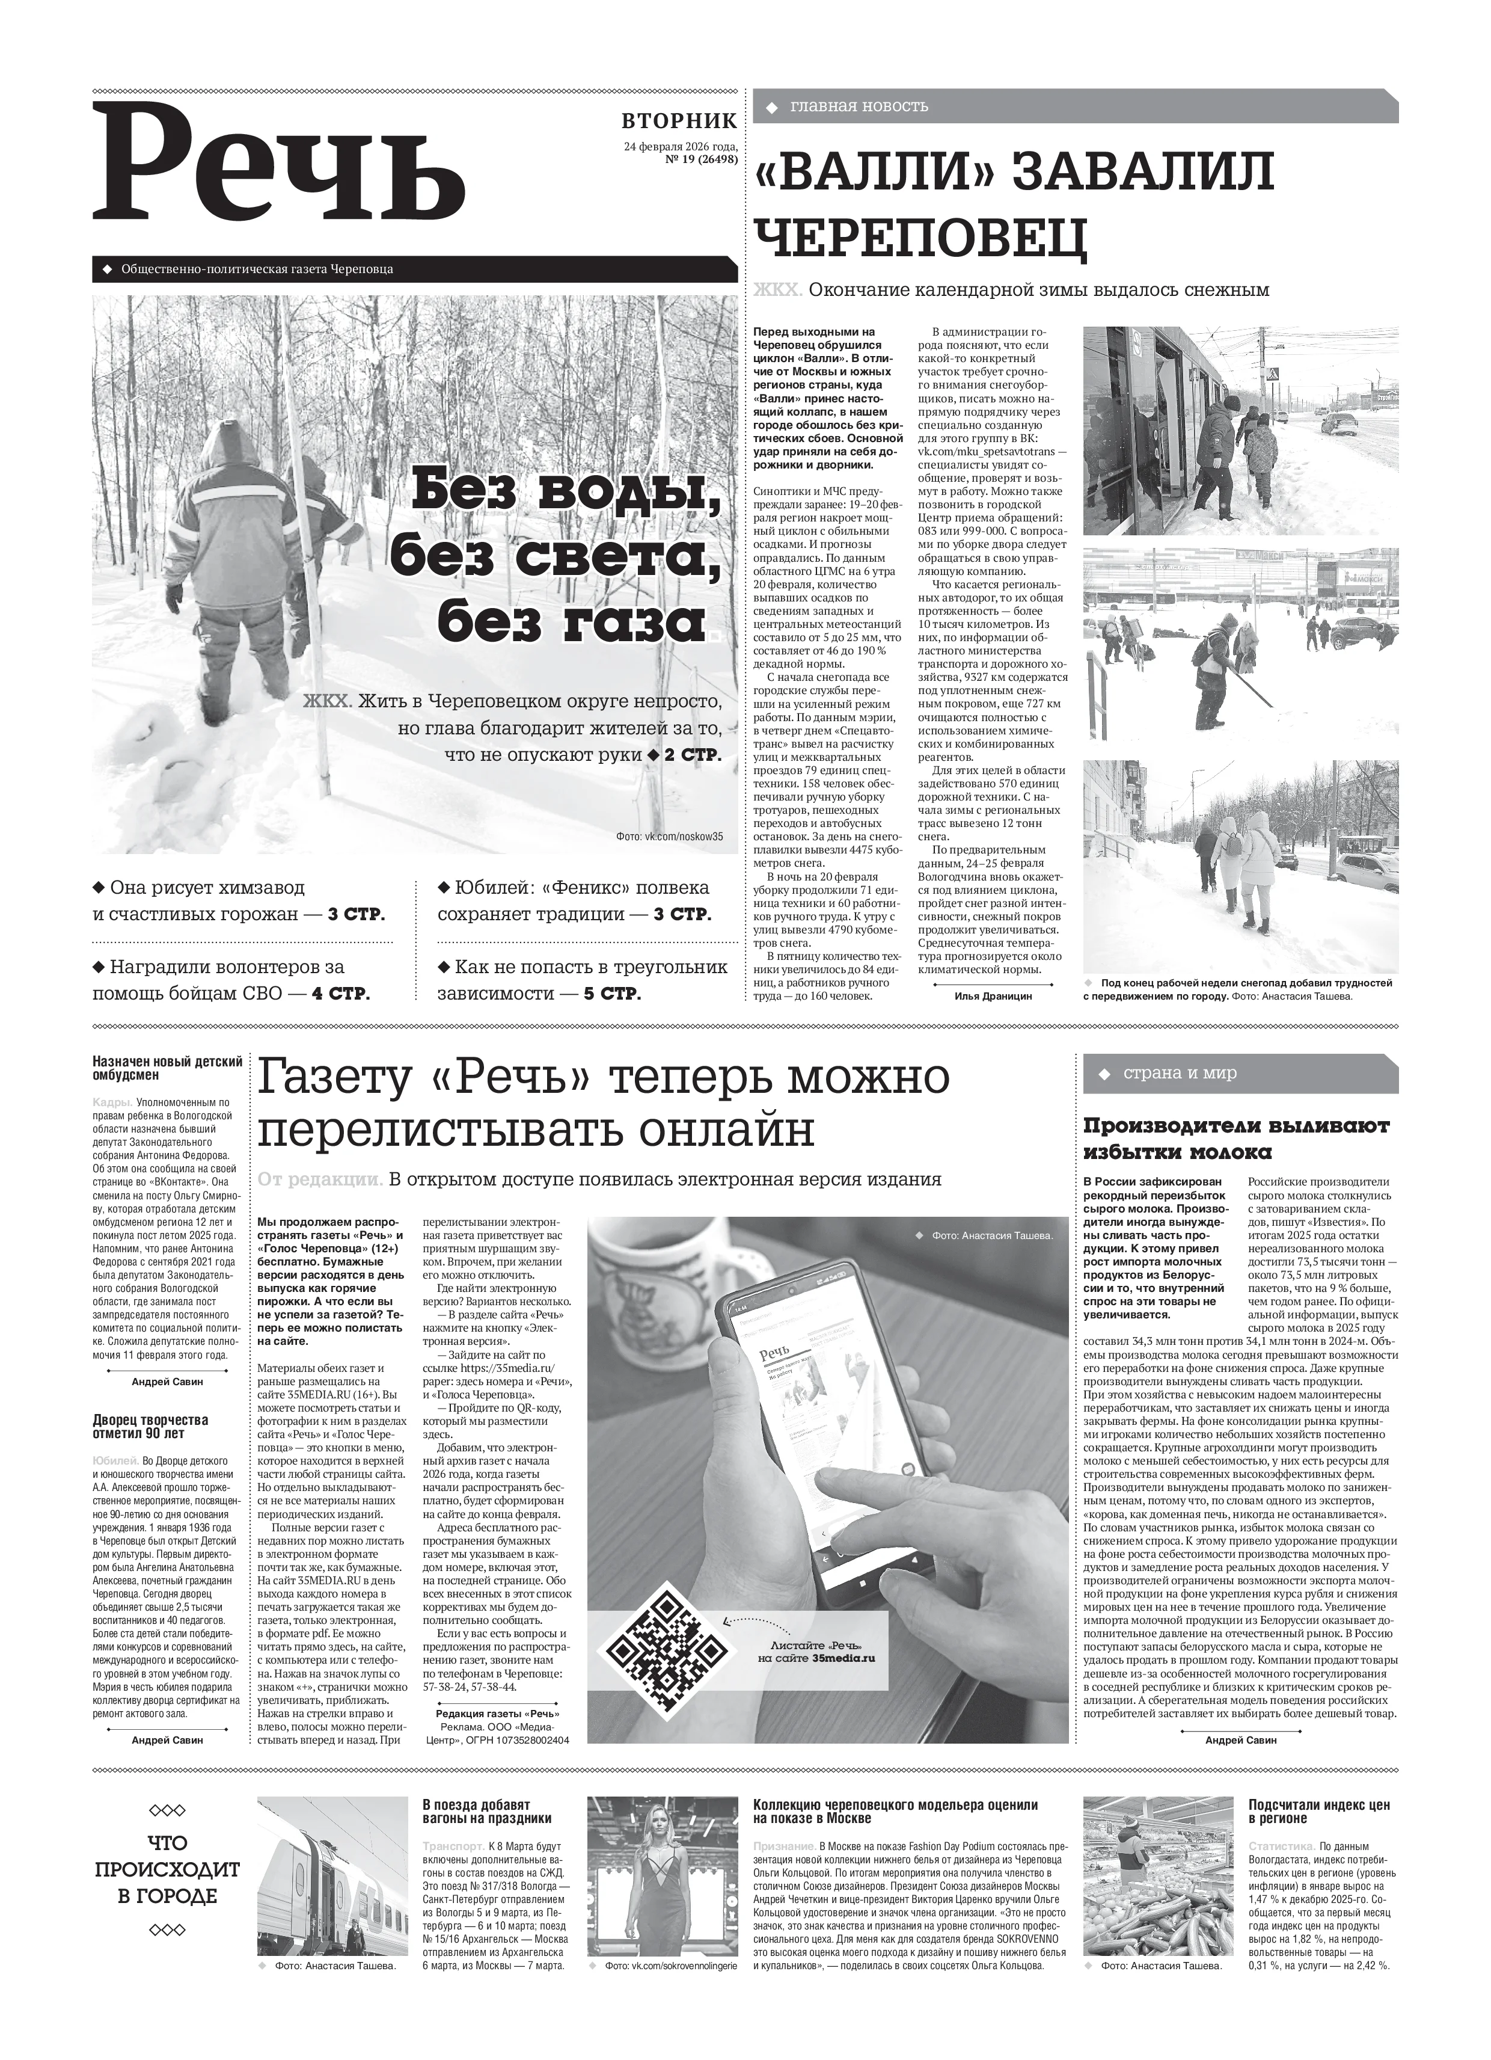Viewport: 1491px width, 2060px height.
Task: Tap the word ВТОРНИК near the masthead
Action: [x=679, y=121]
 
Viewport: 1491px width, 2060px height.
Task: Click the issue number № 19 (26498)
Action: [x=701, y=159]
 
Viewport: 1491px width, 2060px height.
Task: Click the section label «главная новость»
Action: [x=859, y=106]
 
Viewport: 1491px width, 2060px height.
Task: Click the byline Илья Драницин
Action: [x=993, y=995]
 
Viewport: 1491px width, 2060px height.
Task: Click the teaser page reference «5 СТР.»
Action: [x=612, y=994]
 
